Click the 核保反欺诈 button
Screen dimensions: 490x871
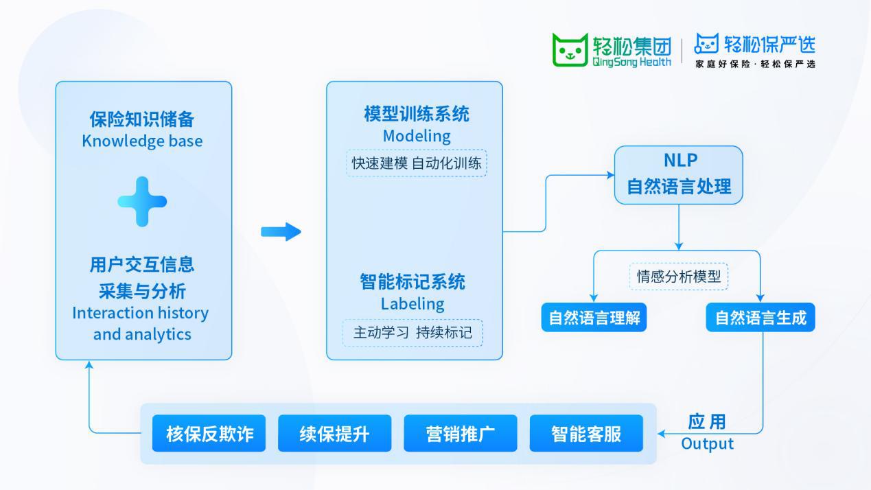pos(209,434)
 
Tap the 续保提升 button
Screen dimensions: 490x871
pos(334,434)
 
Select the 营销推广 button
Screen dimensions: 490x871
pos(460,434)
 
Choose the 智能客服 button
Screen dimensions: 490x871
pos(586,434)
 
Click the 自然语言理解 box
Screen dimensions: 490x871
pos(594,318)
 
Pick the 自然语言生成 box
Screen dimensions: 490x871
pos(760,318)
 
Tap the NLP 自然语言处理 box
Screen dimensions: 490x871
pos(679,175)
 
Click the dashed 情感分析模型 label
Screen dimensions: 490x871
pos(679,277)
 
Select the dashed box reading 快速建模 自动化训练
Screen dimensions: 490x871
pos(417,163)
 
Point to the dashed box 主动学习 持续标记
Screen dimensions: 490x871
pos(413,333)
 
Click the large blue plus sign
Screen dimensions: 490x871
pos(142,202)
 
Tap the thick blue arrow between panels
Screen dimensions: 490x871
pos(281,232)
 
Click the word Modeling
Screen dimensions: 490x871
pos(417,136)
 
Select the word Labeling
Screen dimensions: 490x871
pos(413,303)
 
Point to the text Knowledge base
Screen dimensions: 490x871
pos(143,141)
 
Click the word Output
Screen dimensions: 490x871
pos(707,444)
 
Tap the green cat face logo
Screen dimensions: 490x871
pos(570,49)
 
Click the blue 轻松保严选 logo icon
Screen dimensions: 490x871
pos(706,45)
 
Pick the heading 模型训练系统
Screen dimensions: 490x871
pos(417,114)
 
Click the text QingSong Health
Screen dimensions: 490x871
pos(631,62)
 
